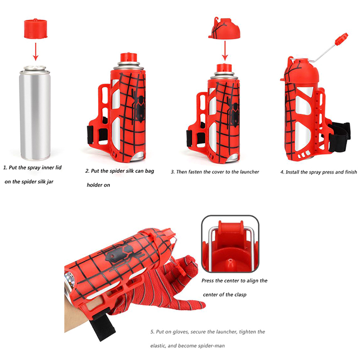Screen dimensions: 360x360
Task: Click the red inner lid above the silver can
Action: click(36, 28)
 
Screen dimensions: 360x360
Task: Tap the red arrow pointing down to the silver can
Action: click(36, 51)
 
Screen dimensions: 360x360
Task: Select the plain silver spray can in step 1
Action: click(35, 113)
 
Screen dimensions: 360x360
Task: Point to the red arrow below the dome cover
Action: click(225, 50)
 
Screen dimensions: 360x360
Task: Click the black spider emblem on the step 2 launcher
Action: click(139, 105)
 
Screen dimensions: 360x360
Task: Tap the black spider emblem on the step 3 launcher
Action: click(234, 110)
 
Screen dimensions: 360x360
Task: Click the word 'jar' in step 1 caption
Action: click(49, 182)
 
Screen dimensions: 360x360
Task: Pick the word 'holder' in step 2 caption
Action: click(93, 185)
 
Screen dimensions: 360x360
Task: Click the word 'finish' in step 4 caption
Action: click(351, 172)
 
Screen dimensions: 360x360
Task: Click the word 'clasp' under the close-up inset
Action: click(240, 295)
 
